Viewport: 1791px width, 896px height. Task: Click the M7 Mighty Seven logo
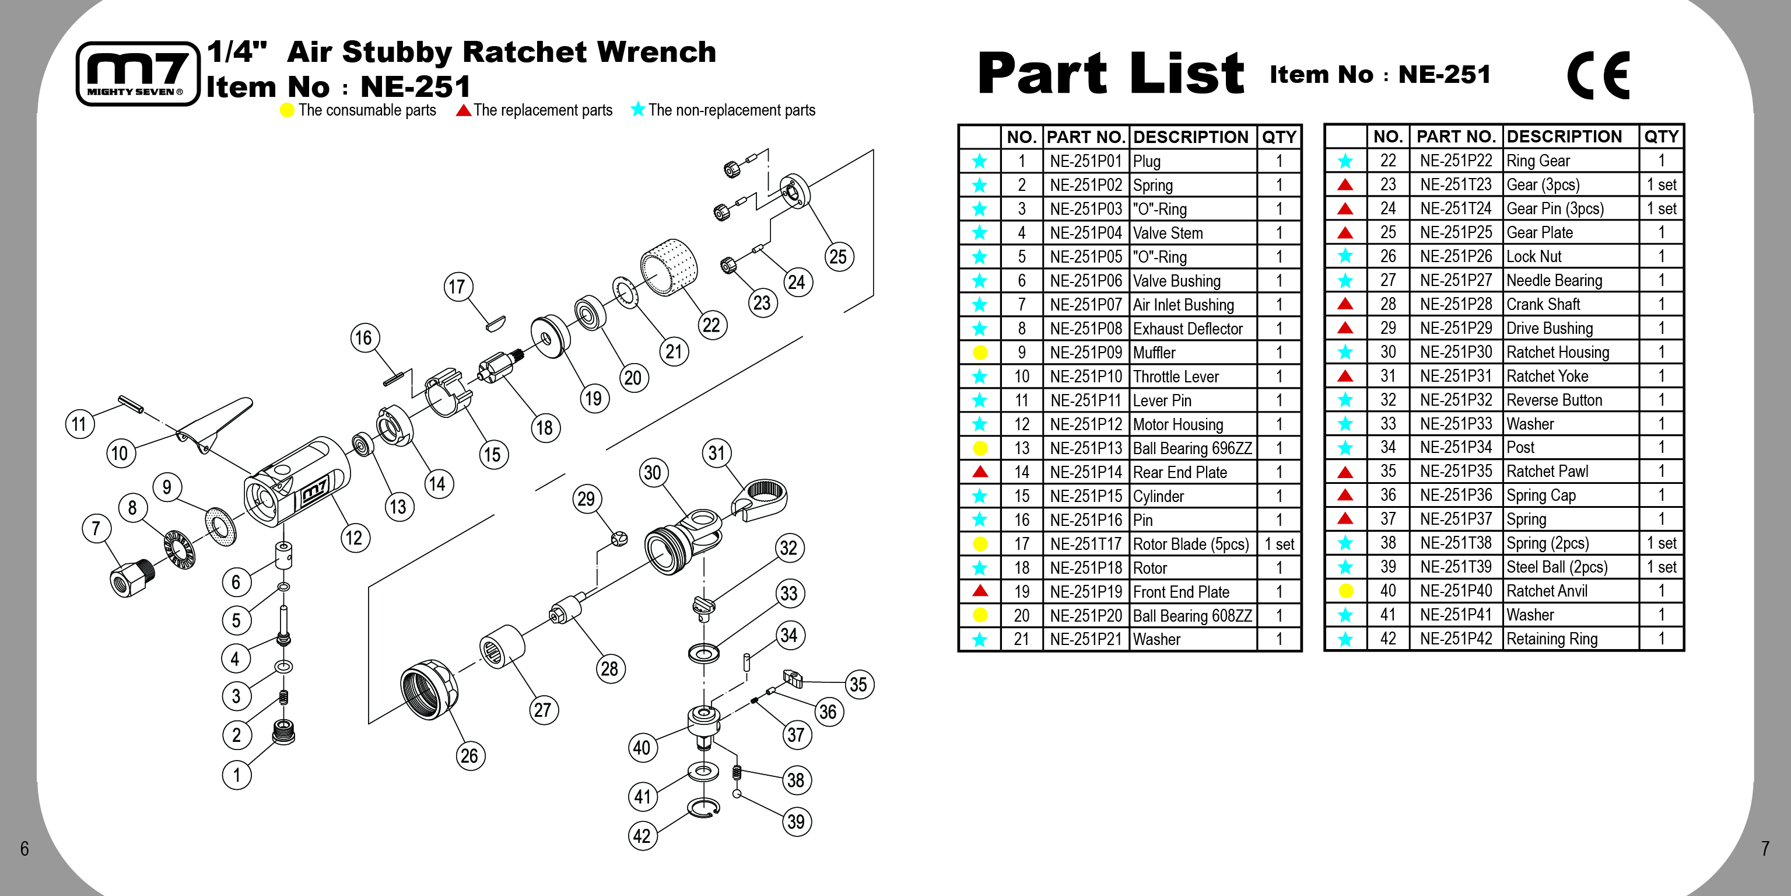138,74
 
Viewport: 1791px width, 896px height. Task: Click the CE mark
1598,75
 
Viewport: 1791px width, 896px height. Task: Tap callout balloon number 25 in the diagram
838,257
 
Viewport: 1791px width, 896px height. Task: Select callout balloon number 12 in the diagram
355,538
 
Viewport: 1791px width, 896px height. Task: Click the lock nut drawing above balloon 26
428,689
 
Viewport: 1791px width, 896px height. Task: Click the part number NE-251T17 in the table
1085,544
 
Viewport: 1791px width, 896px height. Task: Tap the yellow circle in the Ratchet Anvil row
1345,591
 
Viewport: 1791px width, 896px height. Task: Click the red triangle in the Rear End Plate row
980,472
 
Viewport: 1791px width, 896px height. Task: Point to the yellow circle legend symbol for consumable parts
286,110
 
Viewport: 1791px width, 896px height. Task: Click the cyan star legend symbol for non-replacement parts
637,109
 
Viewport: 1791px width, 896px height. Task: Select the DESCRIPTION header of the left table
1190,137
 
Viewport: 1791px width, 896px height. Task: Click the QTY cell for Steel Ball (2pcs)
1661,567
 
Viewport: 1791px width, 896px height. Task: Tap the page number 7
1765,848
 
